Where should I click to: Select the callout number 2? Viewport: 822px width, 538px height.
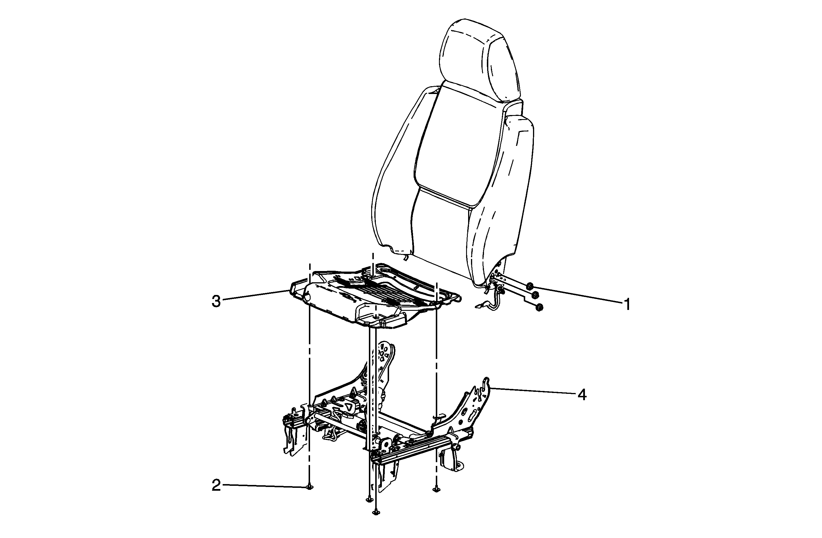tap(216, 486)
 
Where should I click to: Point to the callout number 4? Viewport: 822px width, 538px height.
tap(582, 394)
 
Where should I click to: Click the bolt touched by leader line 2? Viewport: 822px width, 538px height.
tap(310, 487)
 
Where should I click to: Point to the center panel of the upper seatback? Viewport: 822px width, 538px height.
tap(461, 147)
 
